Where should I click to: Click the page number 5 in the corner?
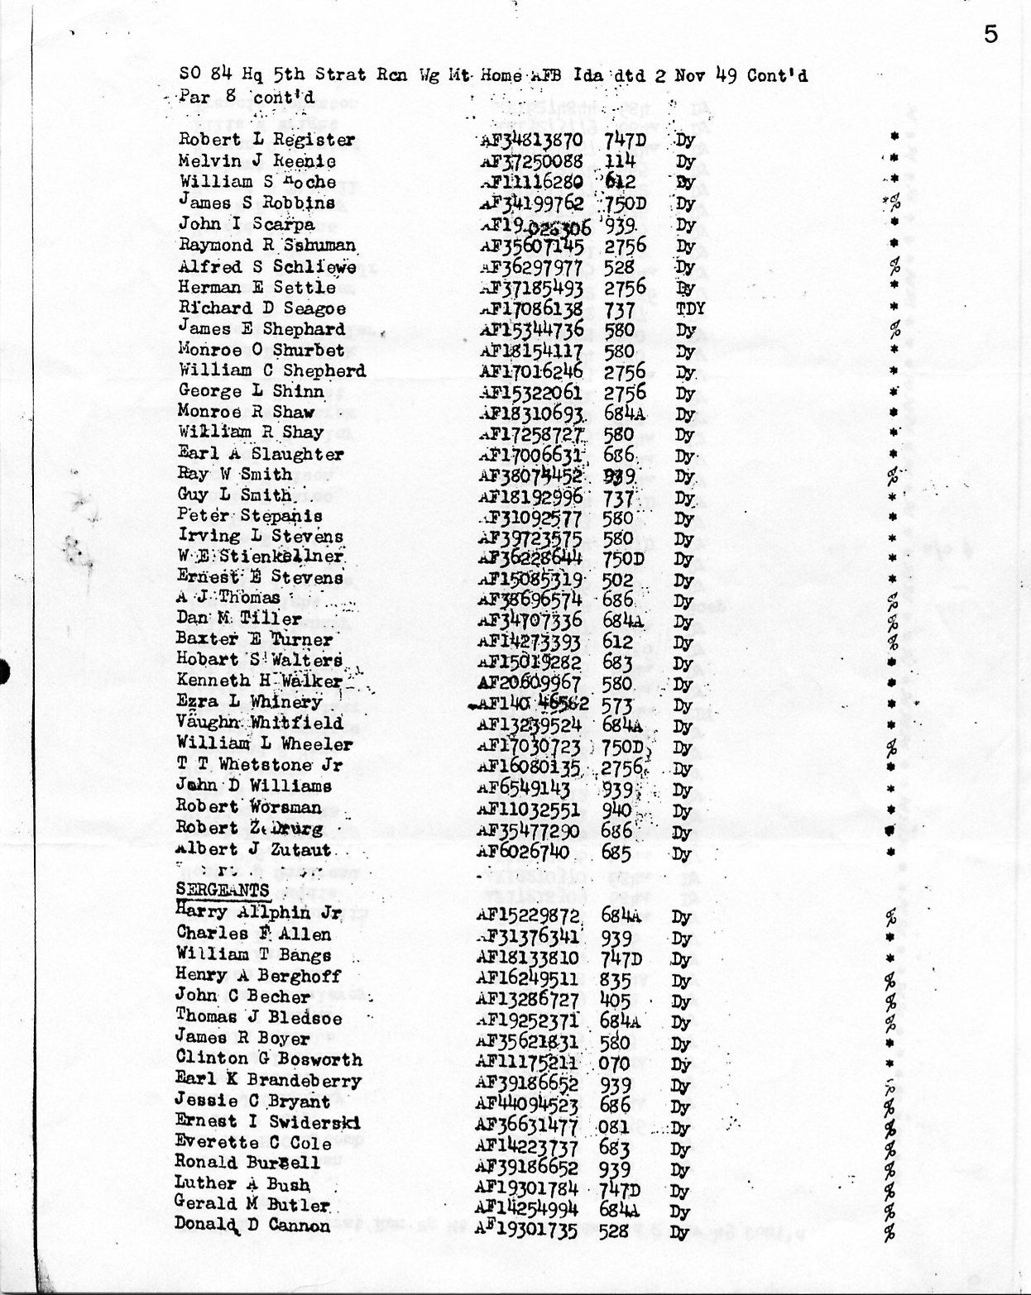[x=990, y=34]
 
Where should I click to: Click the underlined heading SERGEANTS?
[x=223, y=890]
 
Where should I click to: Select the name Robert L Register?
[x=266, y=140]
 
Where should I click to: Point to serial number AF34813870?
[x=532, y=140]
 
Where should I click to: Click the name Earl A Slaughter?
[x=260, y=454]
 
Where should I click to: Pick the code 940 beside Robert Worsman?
[x=617, y=810]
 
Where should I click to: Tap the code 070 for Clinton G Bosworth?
[x=614, y=1063]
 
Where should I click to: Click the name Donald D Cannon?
[x=252, y=1226]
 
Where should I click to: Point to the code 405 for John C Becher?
[x=615, y=1001]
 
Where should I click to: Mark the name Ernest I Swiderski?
[x=267, y=1122]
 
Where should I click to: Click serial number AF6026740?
[x=523, y=853]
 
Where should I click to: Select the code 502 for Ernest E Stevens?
[x=617, y=581]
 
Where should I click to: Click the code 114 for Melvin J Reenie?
[x=619, y=161]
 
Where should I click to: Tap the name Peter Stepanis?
[x=249, y=516]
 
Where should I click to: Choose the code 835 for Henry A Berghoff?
[x=616, y=980]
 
